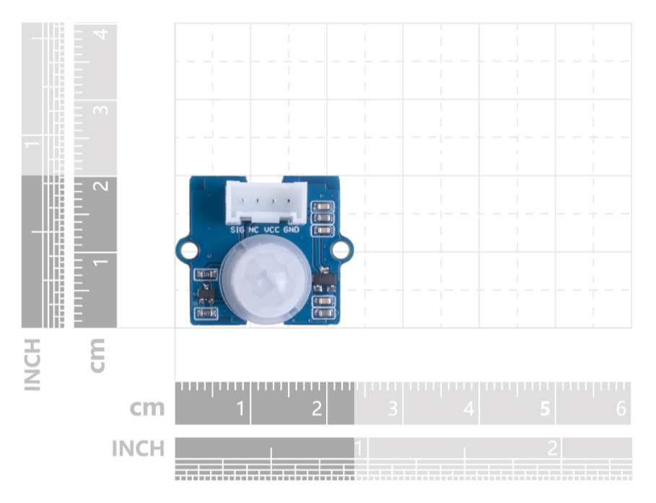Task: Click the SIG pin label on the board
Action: click(237, 229)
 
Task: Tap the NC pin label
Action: click(254, 229)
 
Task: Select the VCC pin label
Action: click(272, 229)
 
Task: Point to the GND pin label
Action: click(292, 229)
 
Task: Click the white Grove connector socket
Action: click(266, 203)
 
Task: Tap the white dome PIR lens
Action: click(266, 279)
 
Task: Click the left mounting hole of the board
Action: click(189, 250)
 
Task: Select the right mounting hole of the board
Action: click(340, 250)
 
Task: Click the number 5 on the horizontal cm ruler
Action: click(545, 408)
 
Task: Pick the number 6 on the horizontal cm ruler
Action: click(621, 408)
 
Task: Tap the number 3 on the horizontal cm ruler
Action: click(393, 408)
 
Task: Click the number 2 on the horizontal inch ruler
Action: click(552, 449)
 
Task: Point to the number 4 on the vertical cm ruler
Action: click(102, 33)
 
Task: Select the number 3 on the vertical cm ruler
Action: click(101, 110)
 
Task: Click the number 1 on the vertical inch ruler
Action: click(32, 145)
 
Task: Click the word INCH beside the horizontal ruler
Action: click(138, 449)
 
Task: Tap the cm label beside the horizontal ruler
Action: click(146, 408)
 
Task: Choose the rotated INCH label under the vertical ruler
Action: click(32, 365)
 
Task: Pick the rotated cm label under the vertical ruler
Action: click(97, 356)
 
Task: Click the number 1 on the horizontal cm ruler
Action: click(240, 408)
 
